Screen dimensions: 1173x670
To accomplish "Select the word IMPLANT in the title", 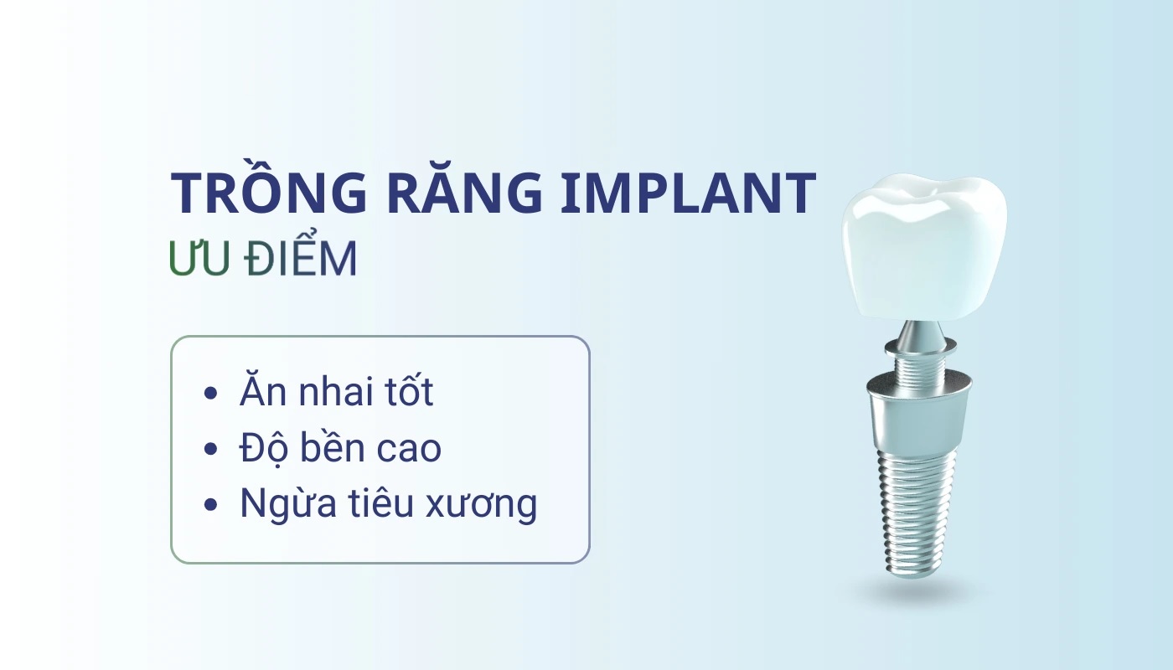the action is pyautogui.click(x=689, y=193).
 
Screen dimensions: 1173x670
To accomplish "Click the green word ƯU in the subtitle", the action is pyautogui.click(x=199, y=258).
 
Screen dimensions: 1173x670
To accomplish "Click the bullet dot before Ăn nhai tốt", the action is pyautogui.click(x=210, y=393).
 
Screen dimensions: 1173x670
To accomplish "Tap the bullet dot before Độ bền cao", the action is pyautogui.click(x=210, y=449).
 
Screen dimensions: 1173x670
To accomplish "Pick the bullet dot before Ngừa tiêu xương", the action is pyautogui.click(x=210, y=504).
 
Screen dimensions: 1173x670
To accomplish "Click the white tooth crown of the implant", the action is pyautogui.click(x=924, y=247).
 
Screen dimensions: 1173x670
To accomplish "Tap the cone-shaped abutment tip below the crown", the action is pyautogui.click(x=921, y=333).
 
